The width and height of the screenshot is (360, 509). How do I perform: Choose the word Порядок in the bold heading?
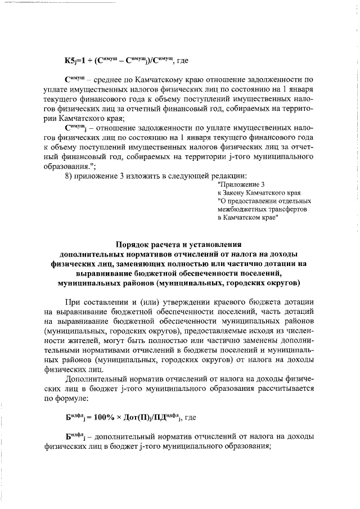click(135, 260)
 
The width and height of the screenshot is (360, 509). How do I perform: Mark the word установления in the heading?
click(215, 260)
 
